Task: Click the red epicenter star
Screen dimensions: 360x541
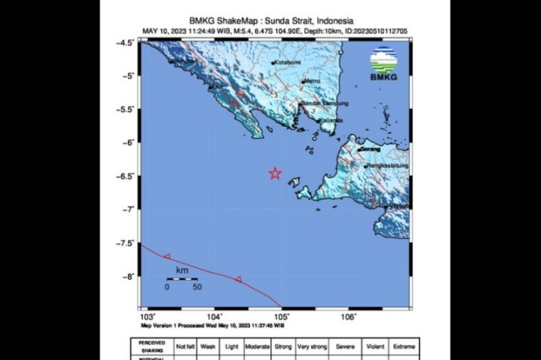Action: coord(275,174)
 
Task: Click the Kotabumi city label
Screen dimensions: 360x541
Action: coord(286,62)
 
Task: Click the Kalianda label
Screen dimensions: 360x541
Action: coord(331,120)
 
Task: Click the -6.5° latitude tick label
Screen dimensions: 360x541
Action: coord(127,176)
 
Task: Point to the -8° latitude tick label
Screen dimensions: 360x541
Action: coord(130,276)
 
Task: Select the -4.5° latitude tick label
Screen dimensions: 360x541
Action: coord(127,43)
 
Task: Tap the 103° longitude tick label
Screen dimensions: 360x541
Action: coord(147,318)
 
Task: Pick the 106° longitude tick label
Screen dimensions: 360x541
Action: coord(349,318)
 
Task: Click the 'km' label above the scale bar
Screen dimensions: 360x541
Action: coord(181,269)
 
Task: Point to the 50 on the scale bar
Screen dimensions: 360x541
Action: coord(196,286)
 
